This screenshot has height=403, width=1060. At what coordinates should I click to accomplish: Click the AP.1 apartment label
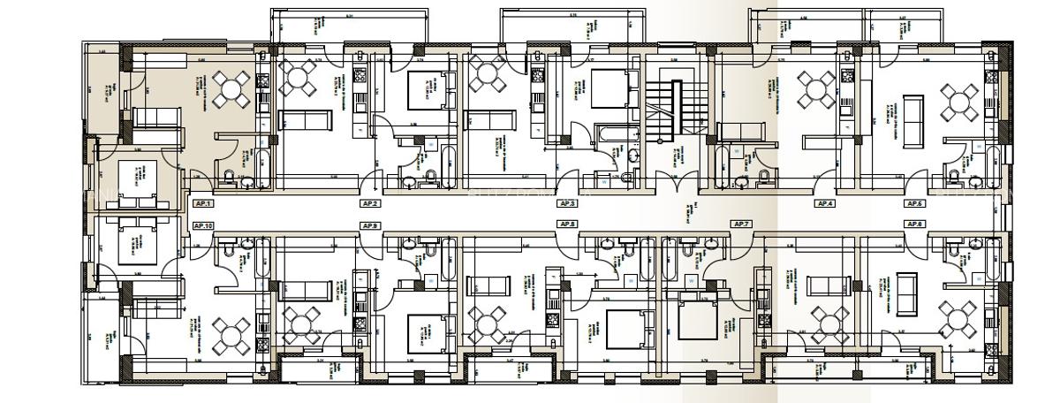[x=202, y=203]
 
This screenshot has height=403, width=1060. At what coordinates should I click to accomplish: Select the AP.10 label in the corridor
[x=203, y=226]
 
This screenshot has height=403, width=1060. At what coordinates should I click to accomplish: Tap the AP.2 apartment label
[x=370, y=203]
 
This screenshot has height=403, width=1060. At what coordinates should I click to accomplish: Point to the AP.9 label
[x=370, y=226]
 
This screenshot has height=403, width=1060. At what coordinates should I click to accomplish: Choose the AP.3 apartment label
[x=566, y=203]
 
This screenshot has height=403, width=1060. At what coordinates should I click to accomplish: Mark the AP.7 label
[x=740, y=224]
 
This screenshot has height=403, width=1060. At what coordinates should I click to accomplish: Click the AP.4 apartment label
[x=824, y=203]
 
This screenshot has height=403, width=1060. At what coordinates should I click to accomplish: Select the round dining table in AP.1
[x=231, y=88]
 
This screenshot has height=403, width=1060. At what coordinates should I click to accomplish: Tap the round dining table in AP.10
[x=231, y=334]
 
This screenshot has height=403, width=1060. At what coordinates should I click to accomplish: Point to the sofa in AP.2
[x=305, y=121]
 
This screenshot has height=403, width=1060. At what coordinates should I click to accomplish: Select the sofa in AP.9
[x=305, y=288]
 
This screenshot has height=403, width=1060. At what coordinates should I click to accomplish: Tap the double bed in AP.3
[x=607, y=91]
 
